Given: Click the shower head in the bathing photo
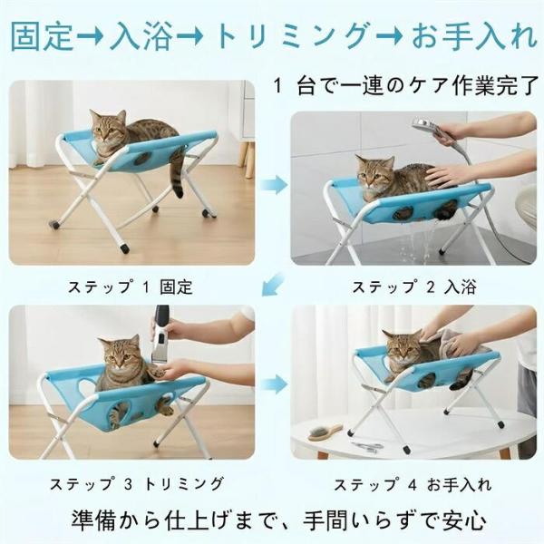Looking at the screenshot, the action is (x=426, y=127).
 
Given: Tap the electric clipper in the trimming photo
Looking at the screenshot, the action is (x=161, y=335).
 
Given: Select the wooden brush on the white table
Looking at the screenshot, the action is (x=325, y=432).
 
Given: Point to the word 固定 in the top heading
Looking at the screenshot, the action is (x=43, y=36).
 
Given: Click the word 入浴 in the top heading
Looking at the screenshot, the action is (x=141, y=36).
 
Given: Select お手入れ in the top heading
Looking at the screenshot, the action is (x=474, y=36).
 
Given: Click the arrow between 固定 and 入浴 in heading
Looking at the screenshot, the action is (x=90, y=36).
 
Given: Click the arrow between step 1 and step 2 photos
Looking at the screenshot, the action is (x=274, y=185).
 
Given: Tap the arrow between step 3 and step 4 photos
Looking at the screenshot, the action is (x=274, y=384).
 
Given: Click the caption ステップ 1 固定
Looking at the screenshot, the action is (x=130, y=287).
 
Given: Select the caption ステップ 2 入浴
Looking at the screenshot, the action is (x=414, y=287).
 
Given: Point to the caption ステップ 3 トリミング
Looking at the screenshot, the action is (x=137, y=484).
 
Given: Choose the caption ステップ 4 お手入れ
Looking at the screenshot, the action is (x=413, y=485).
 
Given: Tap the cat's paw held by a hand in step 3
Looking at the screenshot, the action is (x=159, y=373).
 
